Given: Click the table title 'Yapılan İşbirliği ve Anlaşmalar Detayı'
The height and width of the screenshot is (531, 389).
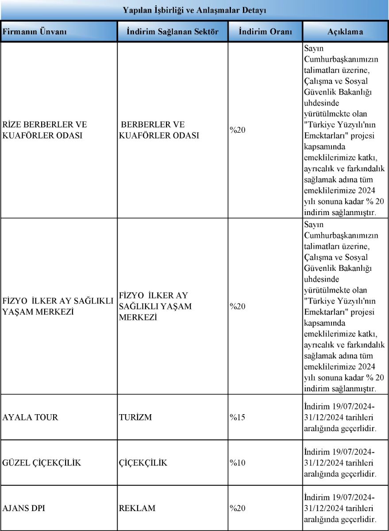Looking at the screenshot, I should [195, 10].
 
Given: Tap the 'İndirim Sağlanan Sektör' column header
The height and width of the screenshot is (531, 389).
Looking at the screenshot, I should [173, 32].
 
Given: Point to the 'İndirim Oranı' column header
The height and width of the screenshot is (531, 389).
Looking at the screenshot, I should [265, 32].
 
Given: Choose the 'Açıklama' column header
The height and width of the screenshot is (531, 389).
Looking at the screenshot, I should [345, 32].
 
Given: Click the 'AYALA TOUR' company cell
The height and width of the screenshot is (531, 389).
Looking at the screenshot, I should [30, 417].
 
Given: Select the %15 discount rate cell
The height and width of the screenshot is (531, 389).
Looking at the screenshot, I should [238, 417].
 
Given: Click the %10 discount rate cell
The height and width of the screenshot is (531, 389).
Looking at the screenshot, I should [238, 463].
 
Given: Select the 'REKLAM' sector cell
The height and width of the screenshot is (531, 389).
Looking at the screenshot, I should [137, 508].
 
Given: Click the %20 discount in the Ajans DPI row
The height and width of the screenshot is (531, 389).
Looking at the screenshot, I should [238, 508].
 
